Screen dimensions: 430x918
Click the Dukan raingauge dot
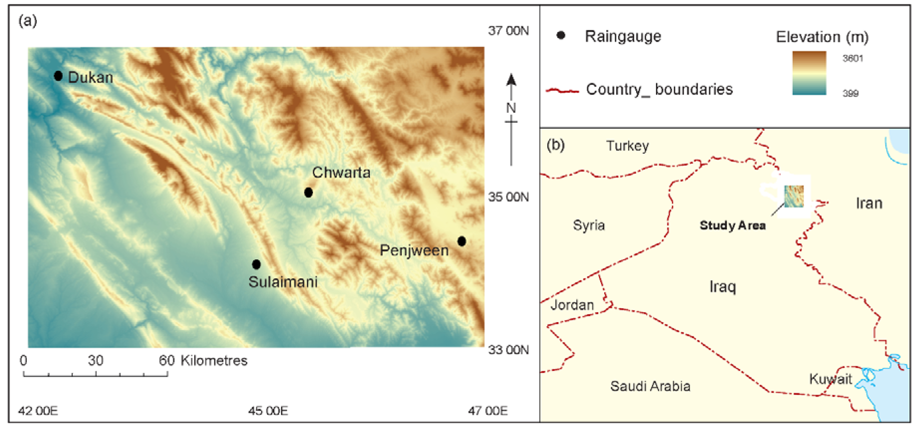tap(58, 76)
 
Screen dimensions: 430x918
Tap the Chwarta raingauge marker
tap(309, 193)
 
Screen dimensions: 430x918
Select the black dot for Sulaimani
tap(256, 264)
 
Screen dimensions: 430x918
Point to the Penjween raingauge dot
tap(462, 241)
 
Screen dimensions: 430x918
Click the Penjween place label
tap(414, 250)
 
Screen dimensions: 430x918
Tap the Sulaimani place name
tap(283, 282)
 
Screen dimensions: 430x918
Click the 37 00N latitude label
tap(508, 31)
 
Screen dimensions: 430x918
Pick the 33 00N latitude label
tap(508, 350)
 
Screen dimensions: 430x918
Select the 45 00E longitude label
tap(268, 411)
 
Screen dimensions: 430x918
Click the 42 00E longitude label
tap(38, 411)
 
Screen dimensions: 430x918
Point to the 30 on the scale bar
tap(95, 360)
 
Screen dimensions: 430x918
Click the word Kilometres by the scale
tap(214, 360)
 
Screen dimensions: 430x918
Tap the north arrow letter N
tap(511, 108)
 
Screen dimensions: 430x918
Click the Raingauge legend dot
tap(561, 35)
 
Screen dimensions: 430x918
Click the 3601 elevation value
tap(852, 58)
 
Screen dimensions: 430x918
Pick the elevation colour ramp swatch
tap(809, 73)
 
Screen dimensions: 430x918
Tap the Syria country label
tap(589, 225)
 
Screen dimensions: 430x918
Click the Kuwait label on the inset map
tap(830, 379)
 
